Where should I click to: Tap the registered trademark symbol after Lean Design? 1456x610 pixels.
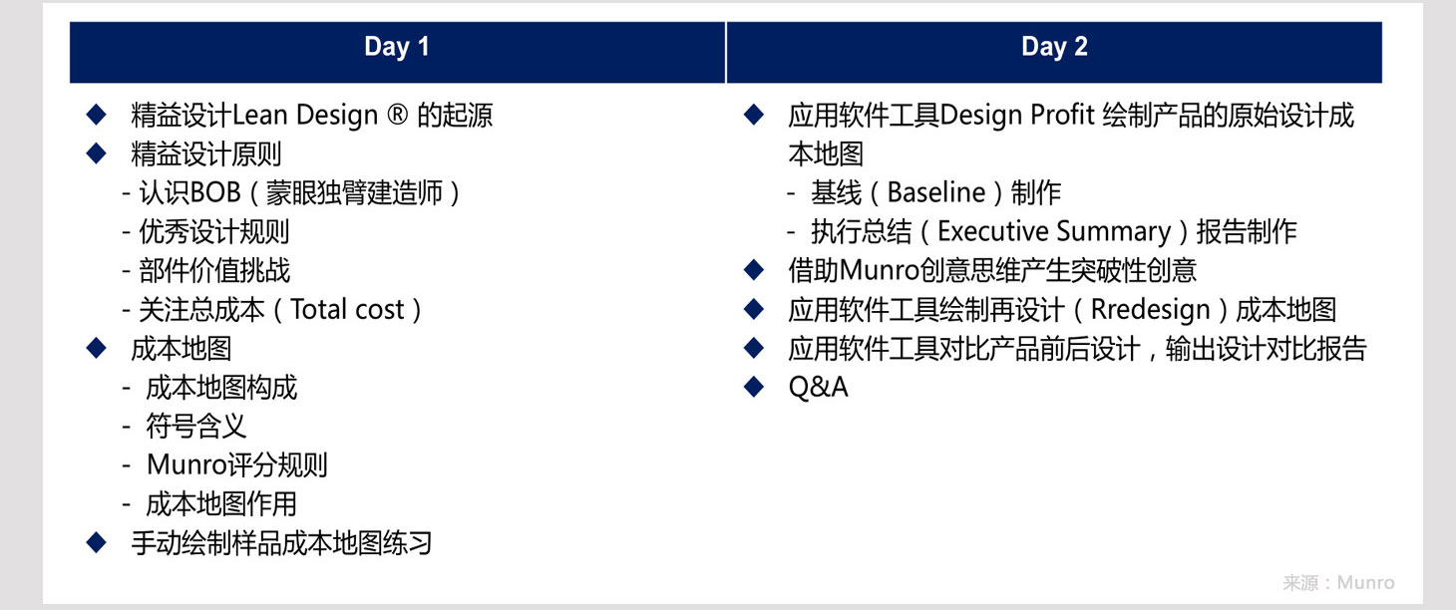[397, 115]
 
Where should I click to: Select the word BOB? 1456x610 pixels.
[215, 193]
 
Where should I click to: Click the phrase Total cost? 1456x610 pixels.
[348, 310]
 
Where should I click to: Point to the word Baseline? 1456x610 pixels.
[936, 193]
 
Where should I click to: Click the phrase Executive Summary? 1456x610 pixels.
[1054, 232]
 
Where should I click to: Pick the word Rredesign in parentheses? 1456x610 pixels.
[1151, 310]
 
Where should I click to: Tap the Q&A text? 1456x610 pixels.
[819, 387]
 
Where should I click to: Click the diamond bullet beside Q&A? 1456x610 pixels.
[754, 387]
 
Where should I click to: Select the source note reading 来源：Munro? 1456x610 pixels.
[1338, 583]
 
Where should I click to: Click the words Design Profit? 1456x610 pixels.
[1017, 116]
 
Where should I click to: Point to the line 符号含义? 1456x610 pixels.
[196, 427]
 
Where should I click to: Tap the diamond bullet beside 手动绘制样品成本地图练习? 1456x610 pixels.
[96, 542]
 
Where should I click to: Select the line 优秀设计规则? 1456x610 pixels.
[214, 232]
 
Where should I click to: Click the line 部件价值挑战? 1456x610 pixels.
[214, 271]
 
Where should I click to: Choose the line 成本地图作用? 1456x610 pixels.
[221, 504]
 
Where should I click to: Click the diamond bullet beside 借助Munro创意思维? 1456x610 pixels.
[754, 269]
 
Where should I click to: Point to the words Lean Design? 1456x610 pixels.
[305, 116]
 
